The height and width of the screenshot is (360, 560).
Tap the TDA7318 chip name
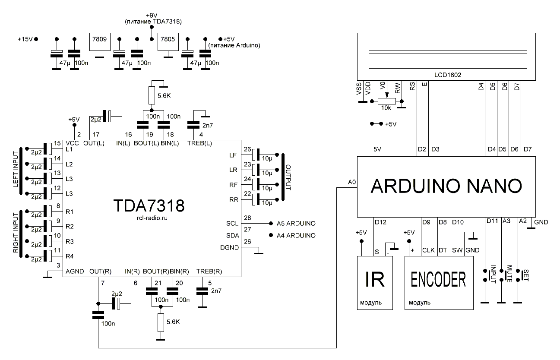tap(149, 206)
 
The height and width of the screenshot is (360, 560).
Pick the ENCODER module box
tap(439, 282)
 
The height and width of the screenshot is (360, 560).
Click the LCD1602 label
tap(448, 75)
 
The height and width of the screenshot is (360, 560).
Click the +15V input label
tap(25, 39)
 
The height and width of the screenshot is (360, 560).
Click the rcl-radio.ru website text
tap(149, 218)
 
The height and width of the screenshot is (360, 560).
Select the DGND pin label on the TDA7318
tap(228, 247)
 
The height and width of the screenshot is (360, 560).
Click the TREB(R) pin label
tap(209, 272)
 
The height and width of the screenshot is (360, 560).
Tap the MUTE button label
tap(509, 274)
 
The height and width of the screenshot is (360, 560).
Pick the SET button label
tap(525, 274)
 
